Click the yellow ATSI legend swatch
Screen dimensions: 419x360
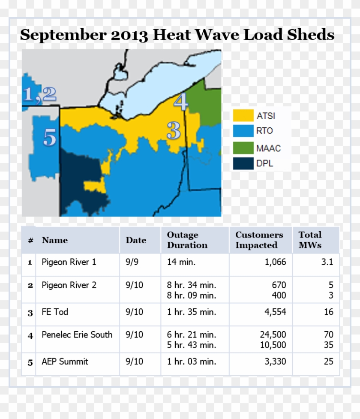[x=243, y=115]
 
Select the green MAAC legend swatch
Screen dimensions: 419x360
[x=243, y=148]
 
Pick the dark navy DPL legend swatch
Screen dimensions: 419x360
[x=243, y=163]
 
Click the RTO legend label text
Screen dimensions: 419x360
[x=264, y=131]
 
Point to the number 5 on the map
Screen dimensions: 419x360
[x=50, y=138]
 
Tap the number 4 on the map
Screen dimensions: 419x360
[x=181, y=102]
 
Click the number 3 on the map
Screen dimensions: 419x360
[x=174, y=130]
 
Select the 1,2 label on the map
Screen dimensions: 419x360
[x=40, y=94]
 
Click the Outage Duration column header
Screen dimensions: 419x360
[x=187, y=240]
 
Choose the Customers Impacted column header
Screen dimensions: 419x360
[x=259, y=240]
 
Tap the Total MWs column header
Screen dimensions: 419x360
[x=310, y=240]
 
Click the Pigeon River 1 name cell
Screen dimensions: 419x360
[x=69, y=262]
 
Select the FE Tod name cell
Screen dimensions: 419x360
[x=55, y=312]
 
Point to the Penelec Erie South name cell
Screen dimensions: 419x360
[x=77, y=335]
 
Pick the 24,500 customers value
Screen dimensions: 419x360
[x=273, y=335]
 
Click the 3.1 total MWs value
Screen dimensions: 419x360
[x=327, y=262]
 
